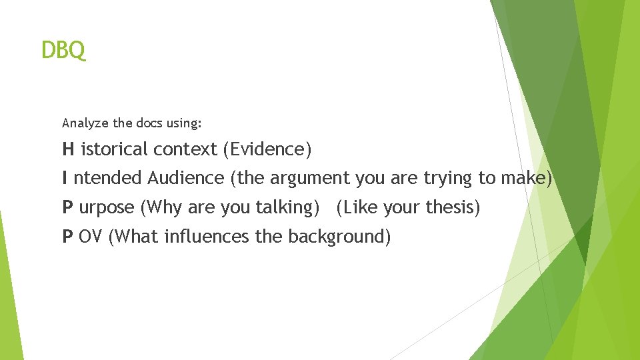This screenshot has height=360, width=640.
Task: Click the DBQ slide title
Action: point(63,50)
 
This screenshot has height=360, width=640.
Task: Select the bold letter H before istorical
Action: point(68,149)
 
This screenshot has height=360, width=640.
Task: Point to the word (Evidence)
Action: point(267,149)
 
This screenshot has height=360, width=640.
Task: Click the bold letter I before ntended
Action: point(65,178)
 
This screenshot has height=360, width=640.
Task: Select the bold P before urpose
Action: point(67,207)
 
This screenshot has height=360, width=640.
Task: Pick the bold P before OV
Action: point(67,237)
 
